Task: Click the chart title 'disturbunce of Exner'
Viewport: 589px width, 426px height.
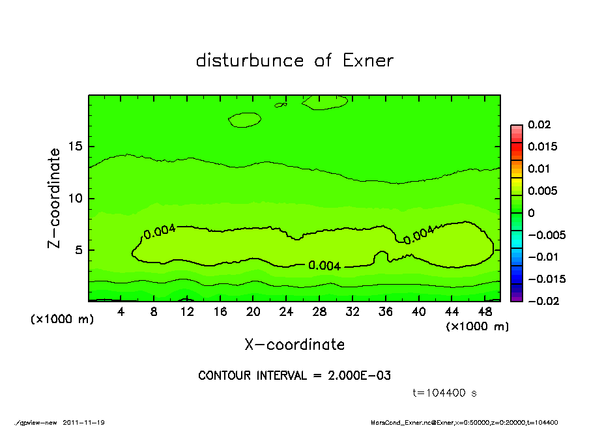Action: click(294, 61)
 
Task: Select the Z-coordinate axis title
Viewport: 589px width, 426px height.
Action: click(55, 198)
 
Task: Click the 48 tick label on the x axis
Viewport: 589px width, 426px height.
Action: click(485, 311)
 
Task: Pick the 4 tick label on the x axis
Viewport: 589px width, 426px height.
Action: click(121, 311)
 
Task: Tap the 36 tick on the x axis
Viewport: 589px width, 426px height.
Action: click(386, 311)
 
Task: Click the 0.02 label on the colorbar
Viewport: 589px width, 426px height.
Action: click(538, 124)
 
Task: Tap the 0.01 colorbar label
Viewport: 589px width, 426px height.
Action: click(538, 169)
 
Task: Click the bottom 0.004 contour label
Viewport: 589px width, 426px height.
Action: click(324, 266)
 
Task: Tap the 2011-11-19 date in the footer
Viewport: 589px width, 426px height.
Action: click(84, 423)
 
